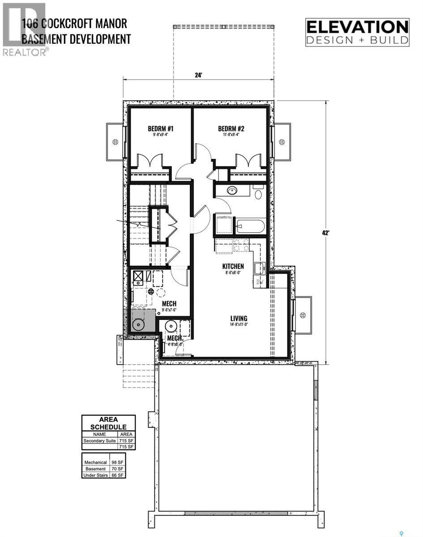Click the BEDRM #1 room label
click(160, 129)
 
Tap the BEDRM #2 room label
click(233, 129)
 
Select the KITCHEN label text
click(233, 266)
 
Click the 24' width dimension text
click(199, 75)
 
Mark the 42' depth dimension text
click(325, 233)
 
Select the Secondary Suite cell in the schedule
click(99, 441)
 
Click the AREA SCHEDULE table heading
click(108, 423)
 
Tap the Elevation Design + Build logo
click(357, 32)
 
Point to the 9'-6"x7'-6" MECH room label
click(170, 307)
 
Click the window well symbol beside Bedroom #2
click(282, 142)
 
